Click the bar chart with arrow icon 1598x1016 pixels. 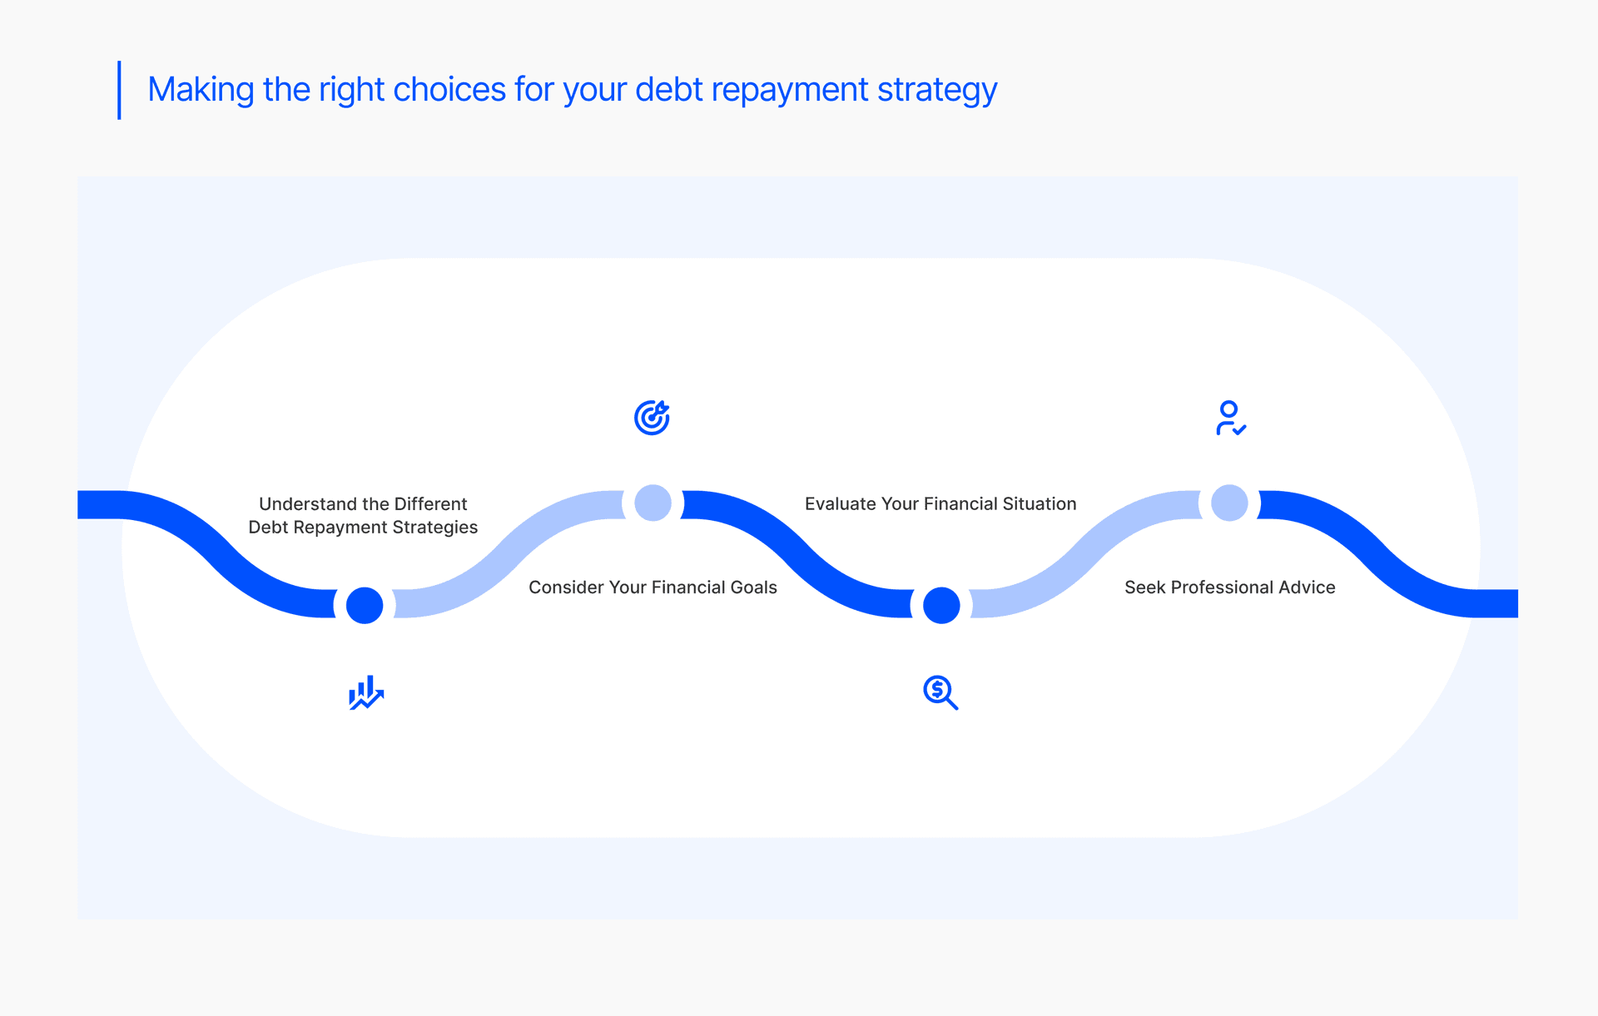coord(366,692)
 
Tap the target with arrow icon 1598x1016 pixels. coord(652,418)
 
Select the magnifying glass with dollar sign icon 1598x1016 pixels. coord(940,692)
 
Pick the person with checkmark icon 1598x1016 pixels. coord(1230,418)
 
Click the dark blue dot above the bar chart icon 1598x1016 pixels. coord(365,605)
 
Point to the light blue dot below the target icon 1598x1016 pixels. coord(653,503)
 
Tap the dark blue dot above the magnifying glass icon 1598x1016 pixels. coord(941,605)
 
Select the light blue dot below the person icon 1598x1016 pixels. coord(1229,503)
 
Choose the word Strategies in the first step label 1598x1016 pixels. coord(434,528)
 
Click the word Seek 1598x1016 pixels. coord(1145,587)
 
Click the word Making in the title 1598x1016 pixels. coord(201,90)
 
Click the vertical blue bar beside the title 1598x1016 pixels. coord(119,90)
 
